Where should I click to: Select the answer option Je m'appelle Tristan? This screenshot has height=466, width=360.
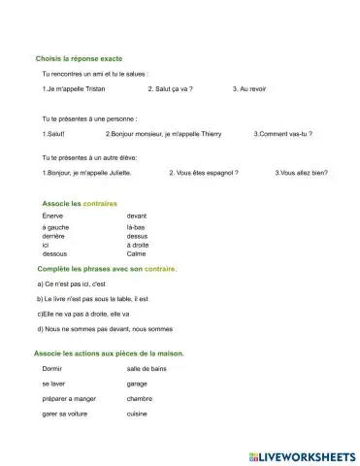pyautogui.click(x=74, y=88)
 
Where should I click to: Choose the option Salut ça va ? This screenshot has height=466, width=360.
pyautogui.click(x=171, y=88)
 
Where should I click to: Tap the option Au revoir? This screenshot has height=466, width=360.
pyautogui.click(x=249, y=88)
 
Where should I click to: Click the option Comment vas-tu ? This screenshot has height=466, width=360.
pyautogui.click(x=283, y=133)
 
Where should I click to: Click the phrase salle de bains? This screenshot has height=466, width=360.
pyautogui.click(x=147, y=370)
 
